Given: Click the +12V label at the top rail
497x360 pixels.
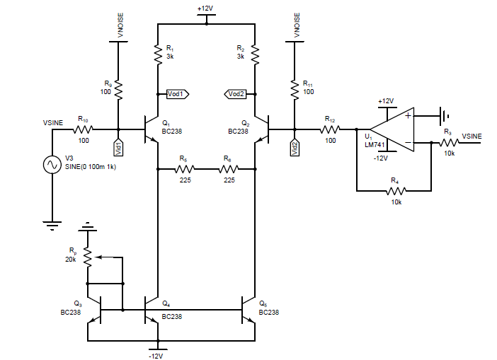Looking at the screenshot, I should [206, 8].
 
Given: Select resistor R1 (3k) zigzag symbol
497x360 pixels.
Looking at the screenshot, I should [157, 54].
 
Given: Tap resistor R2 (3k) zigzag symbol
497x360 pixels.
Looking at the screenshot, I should [255, 54].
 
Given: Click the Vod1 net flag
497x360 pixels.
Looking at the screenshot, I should [175, 93].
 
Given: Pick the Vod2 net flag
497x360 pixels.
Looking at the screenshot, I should [236, 93].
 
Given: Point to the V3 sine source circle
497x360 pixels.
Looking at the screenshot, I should [52, 164].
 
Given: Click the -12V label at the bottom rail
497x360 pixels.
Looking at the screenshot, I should [156, 355].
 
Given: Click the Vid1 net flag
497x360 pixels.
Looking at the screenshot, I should [118, 147].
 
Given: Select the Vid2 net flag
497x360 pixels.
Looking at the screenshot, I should [295, 147].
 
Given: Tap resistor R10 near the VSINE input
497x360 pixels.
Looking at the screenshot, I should [84, 129].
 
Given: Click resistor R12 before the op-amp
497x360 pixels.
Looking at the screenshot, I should [329, 129].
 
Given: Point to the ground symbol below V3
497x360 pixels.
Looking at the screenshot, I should [52, 225].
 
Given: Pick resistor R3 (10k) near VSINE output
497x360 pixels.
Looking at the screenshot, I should [447, 142].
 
